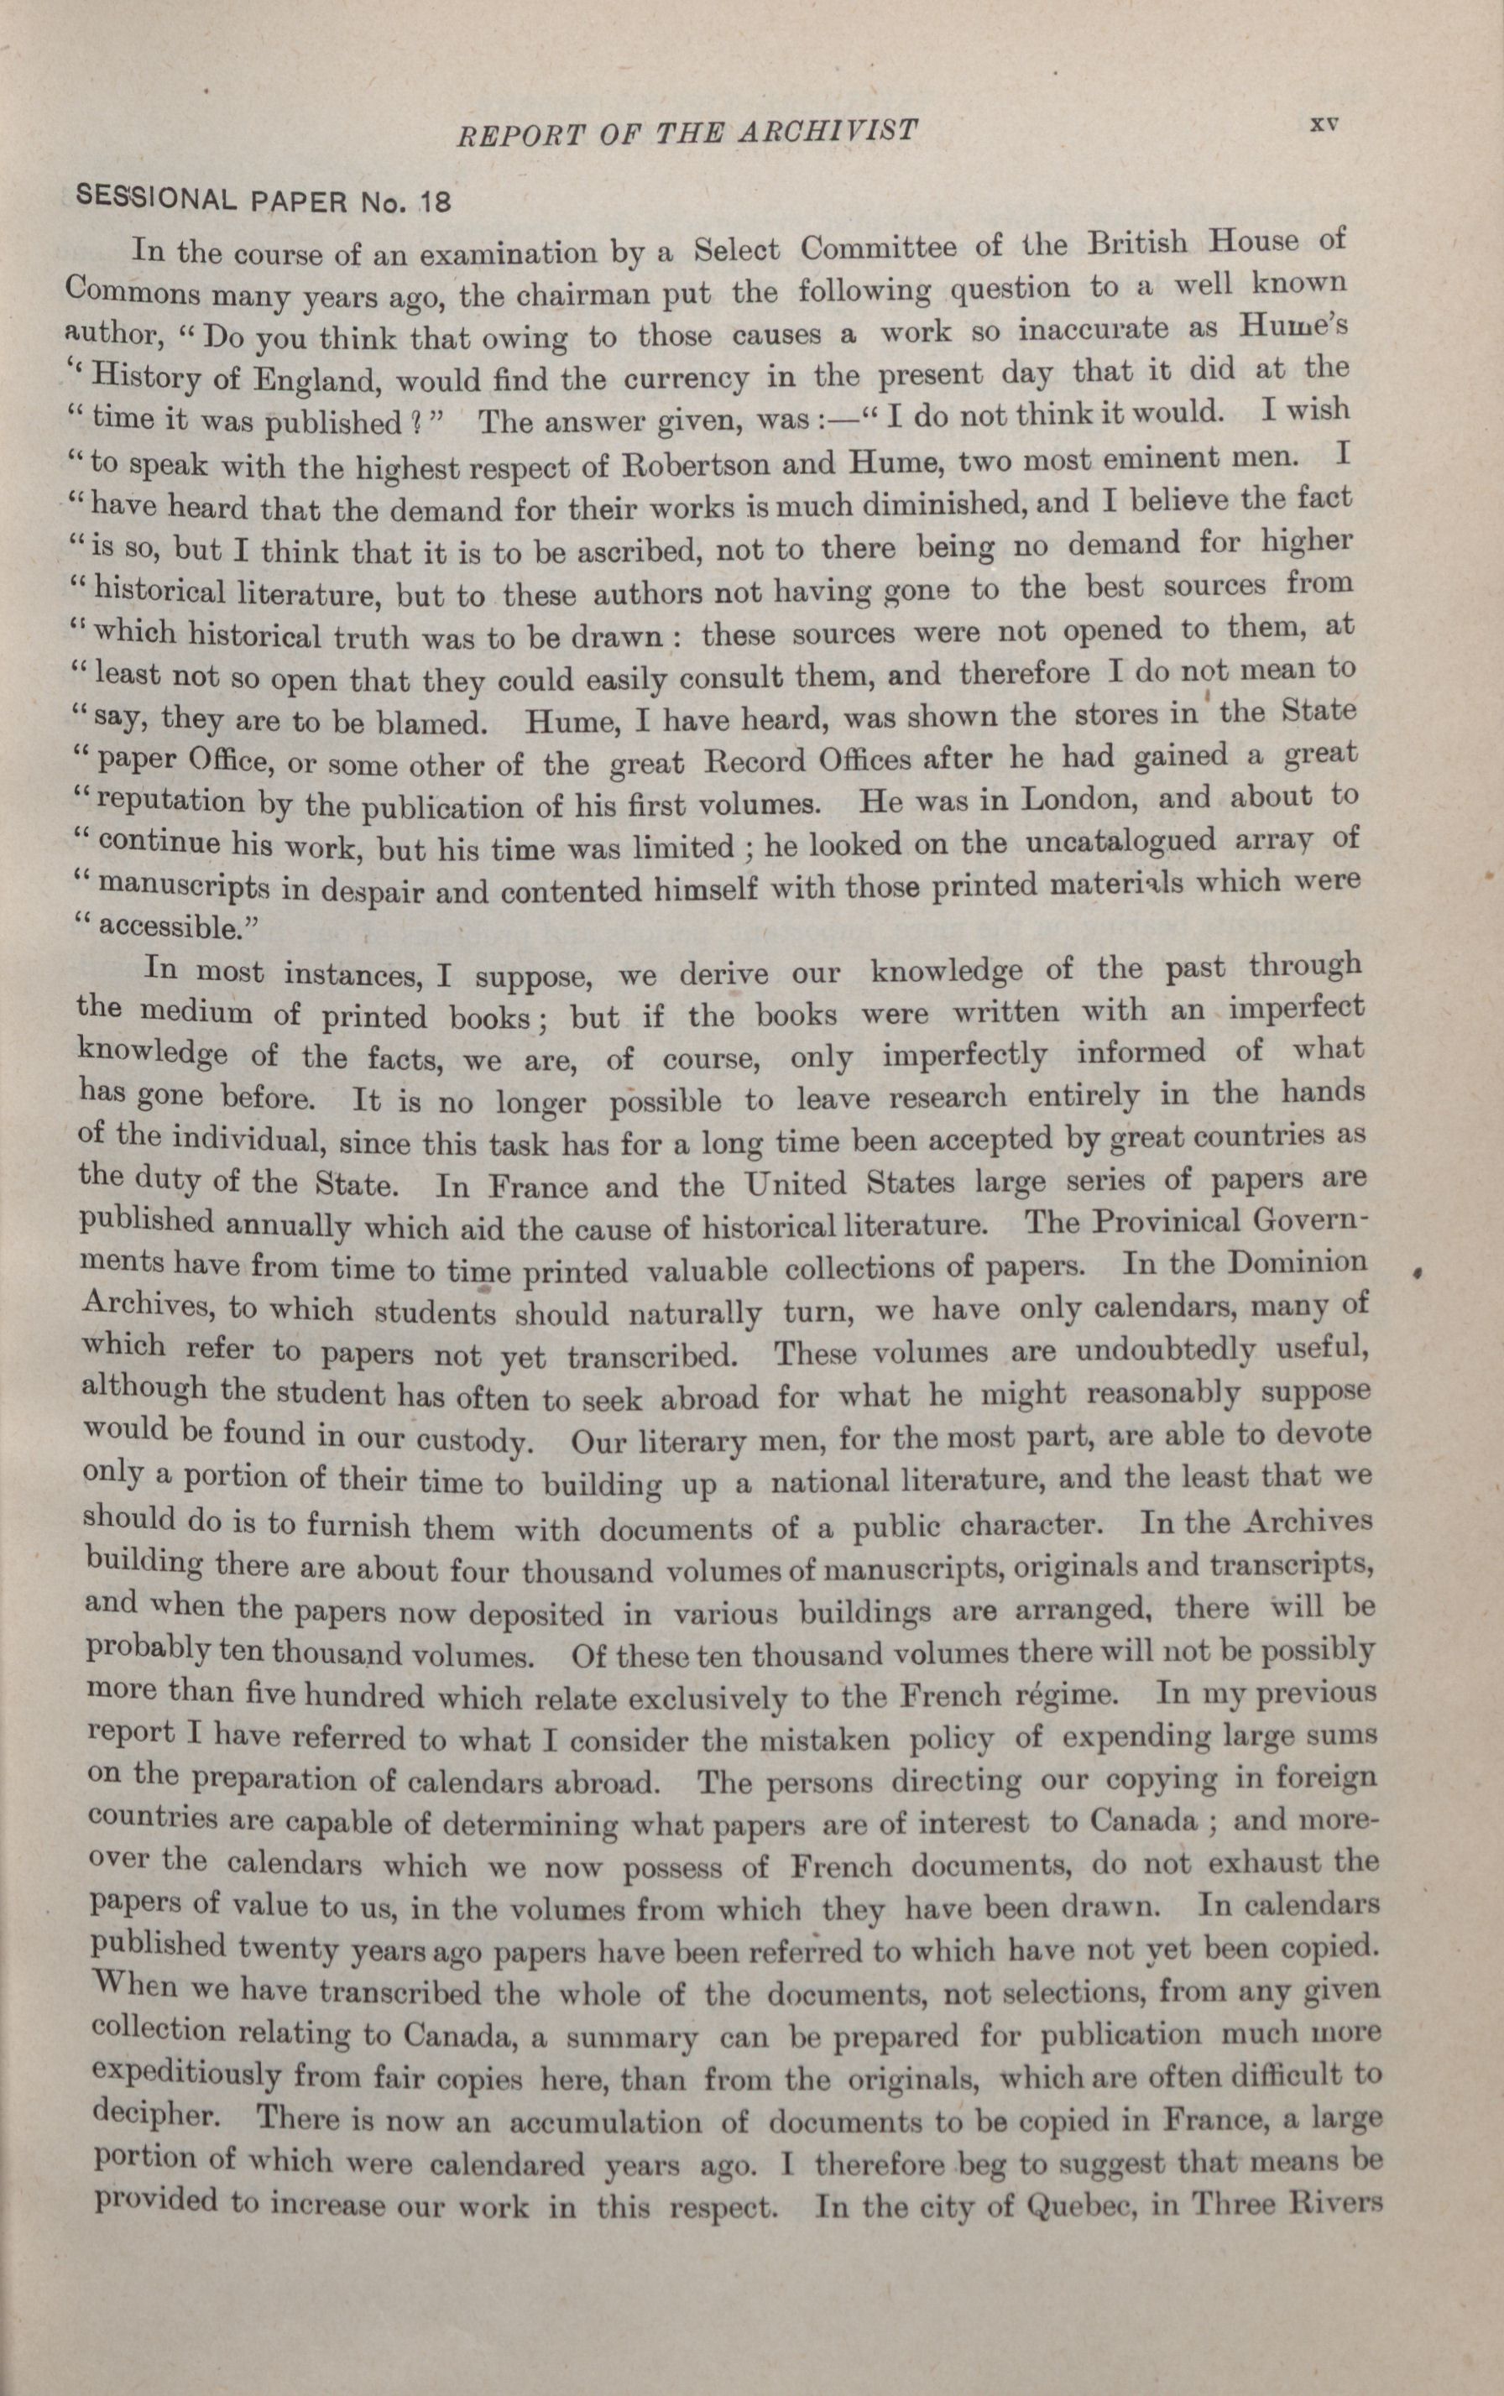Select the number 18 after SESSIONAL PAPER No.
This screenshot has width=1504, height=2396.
pos(435,203)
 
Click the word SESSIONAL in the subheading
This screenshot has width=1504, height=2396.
pos(156,199)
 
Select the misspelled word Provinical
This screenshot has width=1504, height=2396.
pos(1172,1223)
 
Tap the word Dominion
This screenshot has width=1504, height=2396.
pos(1297,1263)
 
